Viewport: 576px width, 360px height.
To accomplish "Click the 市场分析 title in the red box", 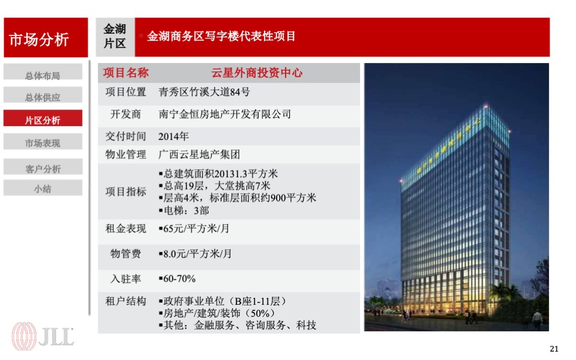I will pos(39,40).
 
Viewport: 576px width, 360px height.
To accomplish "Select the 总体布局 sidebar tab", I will pos(43,76).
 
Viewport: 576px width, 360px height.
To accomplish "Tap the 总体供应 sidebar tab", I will pos(43,97).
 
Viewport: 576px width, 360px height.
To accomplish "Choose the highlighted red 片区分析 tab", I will pos(43,120).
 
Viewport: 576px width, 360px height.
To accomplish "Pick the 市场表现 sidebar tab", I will pos(43,143).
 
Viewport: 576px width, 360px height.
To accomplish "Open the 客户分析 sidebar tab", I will pos(43,169).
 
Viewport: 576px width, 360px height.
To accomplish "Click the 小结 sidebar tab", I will pos(43,188).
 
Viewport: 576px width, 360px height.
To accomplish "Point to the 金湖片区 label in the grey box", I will pos(115,36).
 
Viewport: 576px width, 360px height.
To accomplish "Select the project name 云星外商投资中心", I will pos(257,73).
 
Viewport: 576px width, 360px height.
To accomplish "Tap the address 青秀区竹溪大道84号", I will pos(204,92).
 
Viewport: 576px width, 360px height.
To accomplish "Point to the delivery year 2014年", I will pos(173,136).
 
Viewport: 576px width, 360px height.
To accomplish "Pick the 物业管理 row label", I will pos(125,154).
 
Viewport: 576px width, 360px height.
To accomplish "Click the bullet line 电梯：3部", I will pos(187,211).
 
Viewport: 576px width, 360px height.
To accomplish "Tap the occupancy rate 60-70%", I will pos(178,279).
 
